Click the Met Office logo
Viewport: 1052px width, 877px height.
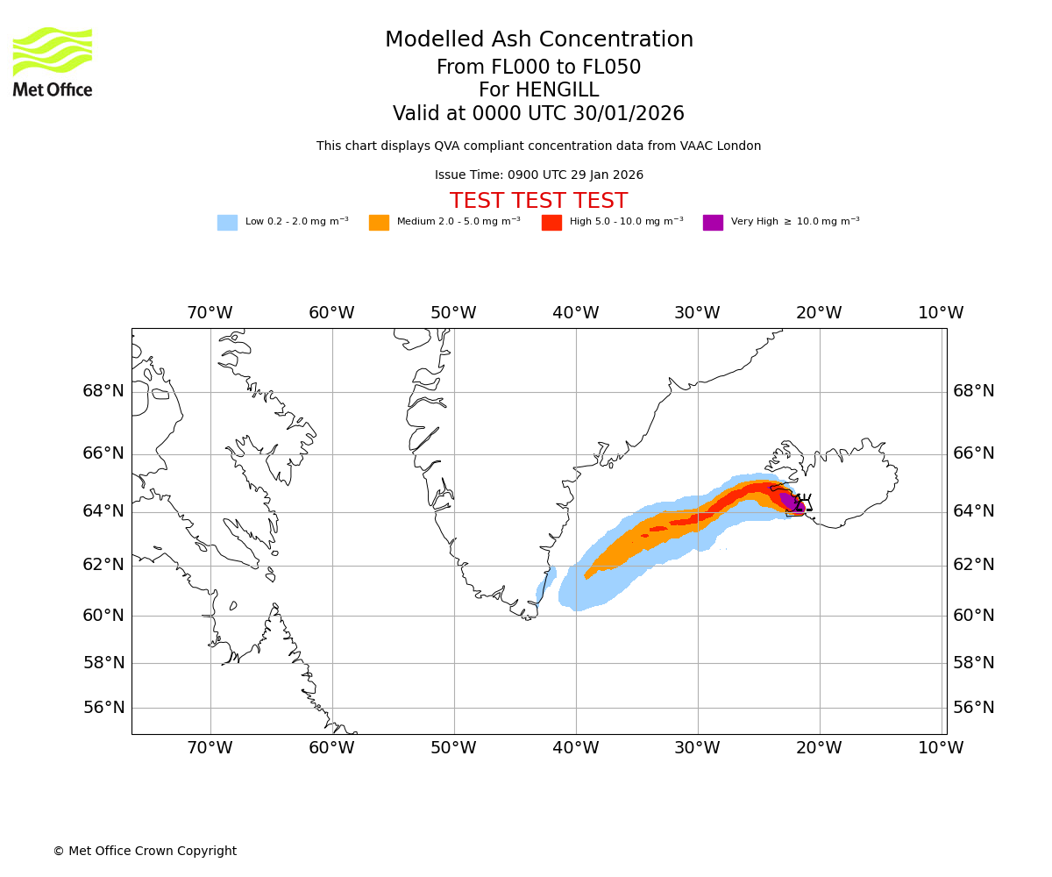pos(53,61)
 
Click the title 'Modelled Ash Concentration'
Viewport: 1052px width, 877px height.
pos(538,40)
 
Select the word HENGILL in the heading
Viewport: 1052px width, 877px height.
pos(556,90)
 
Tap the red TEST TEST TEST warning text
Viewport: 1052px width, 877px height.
pos(538,201)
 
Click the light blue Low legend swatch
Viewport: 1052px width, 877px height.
pos(227,223)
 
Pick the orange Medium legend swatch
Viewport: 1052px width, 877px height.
pos(379,223)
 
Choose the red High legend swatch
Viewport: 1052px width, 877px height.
pos(551,223)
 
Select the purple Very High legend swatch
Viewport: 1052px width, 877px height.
pos(713,223)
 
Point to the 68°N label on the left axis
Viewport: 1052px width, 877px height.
pos(103,391)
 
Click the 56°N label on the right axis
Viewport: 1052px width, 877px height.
pos(974,708)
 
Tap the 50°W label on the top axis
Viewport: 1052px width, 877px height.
pos(453,313)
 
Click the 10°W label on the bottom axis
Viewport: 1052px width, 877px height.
pos(941,748)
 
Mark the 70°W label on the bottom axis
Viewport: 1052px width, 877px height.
pos(210,748)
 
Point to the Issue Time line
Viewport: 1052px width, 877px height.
pos(538,175)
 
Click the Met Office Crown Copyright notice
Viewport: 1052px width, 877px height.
pos(145,852)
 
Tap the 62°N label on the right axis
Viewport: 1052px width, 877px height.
pos(974,565)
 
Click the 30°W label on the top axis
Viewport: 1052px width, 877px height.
pos(697,313)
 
